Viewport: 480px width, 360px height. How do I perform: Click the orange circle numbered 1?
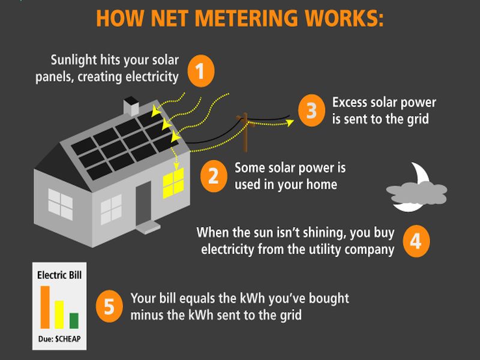[x=202, y=71]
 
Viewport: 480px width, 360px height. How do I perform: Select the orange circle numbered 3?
[x=311, y=110]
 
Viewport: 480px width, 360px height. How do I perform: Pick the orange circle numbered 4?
[x=416, y=241]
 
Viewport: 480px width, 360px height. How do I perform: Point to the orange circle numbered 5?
[x=109, y=306]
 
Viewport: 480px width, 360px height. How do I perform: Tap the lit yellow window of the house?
[x=173, y=182]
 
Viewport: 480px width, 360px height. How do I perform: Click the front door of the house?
[x=143, y=203]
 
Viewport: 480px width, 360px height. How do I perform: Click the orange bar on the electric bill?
[x=45, y=307]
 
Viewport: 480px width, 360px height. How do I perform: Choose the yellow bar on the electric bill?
[x=59, y=314]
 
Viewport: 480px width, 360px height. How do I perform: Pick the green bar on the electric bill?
[x=74, y=321]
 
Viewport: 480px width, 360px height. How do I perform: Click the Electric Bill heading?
[x=59, y=276]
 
